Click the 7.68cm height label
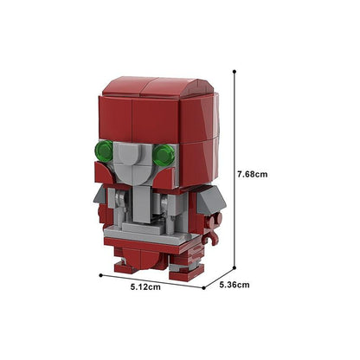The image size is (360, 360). pyautogui.click(x=252, y=174)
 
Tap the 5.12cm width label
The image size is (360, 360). pyautogui.click(x=145, y=287)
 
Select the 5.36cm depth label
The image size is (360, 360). pyautogui.click(x=235, y=285)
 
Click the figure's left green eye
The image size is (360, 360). pyautogui.click(x=104, y=151)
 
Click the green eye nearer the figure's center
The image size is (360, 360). pyautogui.click(x=164, y=155)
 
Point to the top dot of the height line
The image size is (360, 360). pyautogui.click(x=235, y=71)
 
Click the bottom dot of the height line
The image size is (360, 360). pyautogui.click(x=235, y=267)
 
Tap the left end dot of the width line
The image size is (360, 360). pyautogui.click(x=100, y=275)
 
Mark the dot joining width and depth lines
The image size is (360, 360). pyautogui.click(x=203, y=288)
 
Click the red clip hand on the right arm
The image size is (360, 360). pyautogui.click(x=213, y=228)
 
